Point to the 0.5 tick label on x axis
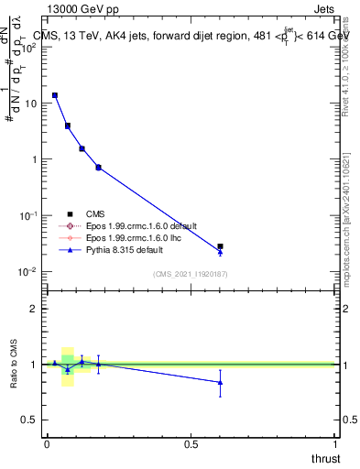click(x=191, y=443)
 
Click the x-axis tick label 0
click(x=47, y=443)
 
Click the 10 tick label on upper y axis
click(x=29, y=104)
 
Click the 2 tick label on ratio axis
click(x=33, y=309)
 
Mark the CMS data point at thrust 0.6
click(x=220, y=246)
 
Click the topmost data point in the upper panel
click(x=55, y=95)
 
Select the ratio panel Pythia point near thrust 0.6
click(x=220, y=383)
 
